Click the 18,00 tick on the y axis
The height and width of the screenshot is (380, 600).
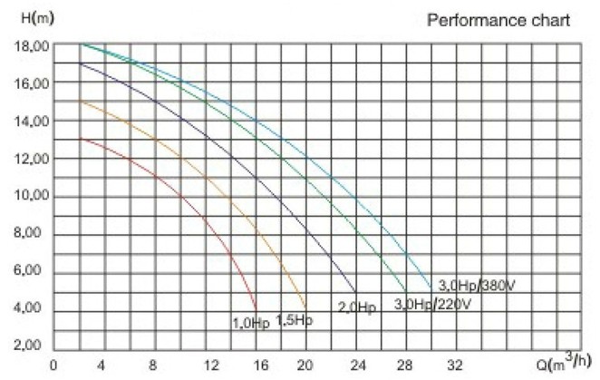[x=31, y=45]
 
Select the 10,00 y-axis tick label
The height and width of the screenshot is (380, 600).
[x=31, y=198]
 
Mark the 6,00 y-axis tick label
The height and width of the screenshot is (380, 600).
[x=31, y=273]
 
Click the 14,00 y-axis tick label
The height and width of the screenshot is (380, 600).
[x=31, y=122]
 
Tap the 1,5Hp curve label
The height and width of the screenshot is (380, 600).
[x=294, y=319]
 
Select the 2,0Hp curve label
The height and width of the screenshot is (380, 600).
[x=356, y=308]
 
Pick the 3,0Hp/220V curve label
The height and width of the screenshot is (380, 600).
[x=432, y=304]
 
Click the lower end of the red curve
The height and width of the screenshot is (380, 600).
[x=257, y=310]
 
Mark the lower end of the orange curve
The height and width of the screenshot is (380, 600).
[x=307, y=308]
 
